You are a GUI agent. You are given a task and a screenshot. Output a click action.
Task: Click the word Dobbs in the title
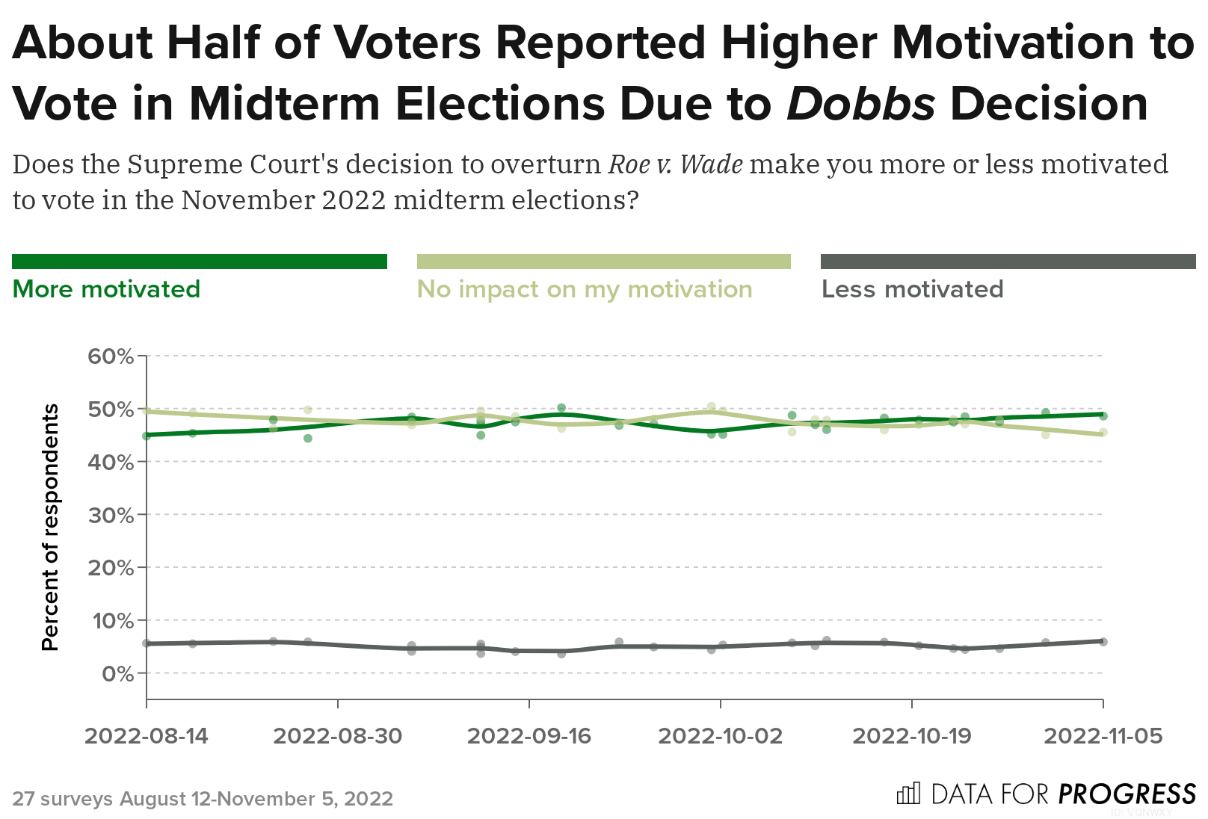860,103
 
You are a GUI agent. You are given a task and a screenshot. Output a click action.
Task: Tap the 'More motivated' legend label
106,289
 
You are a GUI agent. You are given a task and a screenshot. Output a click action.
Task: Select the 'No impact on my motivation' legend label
585,289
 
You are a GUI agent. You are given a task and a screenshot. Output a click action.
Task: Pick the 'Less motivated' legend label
912,289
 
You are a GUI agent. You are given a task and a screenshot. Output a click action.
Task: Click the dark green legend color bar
200,262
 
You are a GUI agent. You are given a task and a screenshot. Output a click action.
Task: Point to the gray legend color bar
1008,262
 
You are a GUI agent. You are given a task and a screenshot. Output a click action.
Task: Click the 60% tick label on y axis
111,356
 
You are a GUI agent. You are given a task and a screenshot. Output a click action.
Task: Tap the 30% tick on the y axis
111,515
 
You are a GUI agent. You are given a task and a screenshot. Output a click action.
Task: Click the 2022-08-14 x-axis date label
147,736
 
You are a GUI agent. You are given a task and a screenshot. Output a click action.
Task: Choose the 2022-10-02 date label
720,736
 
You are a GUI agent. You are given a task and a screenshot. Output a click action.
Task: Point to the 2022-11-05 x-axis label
1103,736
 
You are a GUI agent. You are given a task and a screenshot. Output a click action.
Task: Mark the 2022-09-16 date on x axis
529,736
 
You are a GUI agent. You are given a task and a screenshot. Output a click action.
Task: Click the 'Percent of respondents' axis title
50,527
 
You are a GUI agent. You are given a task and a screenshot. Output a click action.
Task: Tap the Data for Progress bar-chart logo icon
908,793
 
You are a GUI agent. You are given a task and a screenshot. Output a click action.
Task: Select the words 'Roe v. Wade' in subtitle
676,164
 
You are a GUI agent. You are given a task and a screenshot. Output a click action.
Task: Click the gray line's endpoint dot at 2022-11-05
1103,641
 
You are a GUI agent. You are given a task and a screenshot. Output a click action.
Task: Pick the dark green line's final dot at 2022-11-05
1103,415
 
